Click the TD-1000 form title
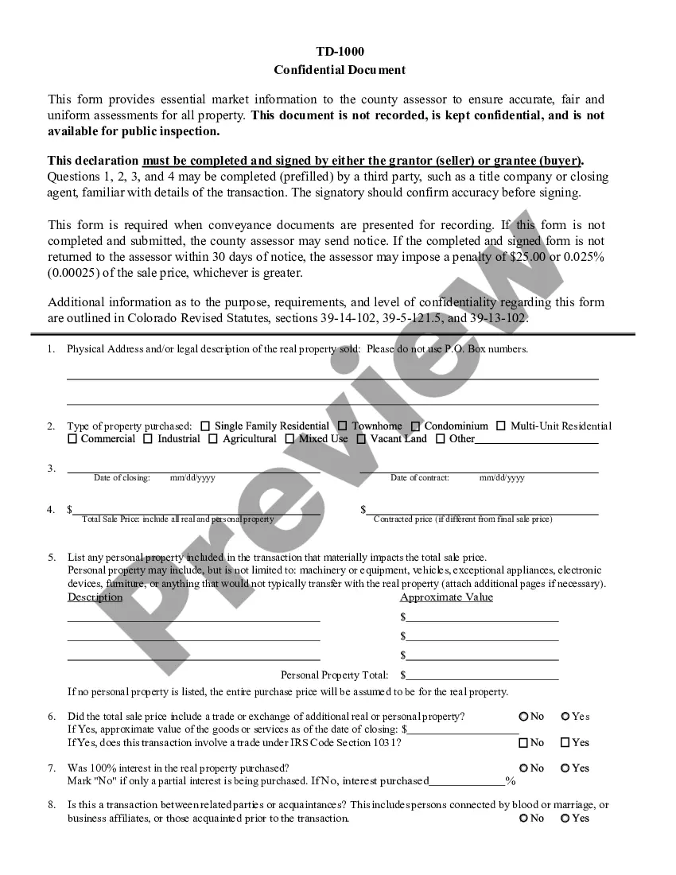click(340, 52)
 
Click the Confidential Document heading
click(340, 70)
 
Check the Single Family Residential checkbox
click(205, 426)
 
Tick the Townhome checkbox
click(343, 426)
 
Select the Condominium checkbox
click(415, 426)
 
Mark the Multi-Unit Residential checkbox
click(501, 426)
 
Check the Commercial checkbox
click(72, 439)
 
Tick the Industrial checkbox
click(149, 439)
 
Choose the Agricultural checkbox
click(213, 439)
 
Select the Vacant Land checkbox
click(361, 439)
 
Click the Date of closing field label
click(122, 478)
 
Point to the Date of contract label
click(420, 478)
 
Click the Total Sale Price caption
click(178, 519)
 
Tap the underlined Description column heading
click(95, 597)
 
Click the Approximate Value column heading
click(446, 597)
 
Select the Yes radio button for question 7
click(565, 768)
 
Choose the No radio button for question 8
click(523, 818)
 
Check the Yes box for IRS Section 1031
click(565, 743)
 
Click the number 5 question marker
click(51, 558)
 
